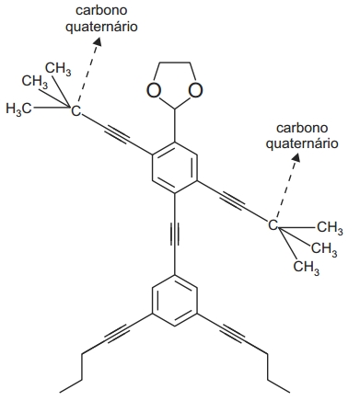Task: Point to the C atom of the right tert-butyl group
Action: click(273, 223)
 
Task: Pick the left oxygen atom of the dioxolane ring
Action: click(150, 91)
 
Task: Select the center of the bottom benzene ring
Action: click(173, 303)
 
